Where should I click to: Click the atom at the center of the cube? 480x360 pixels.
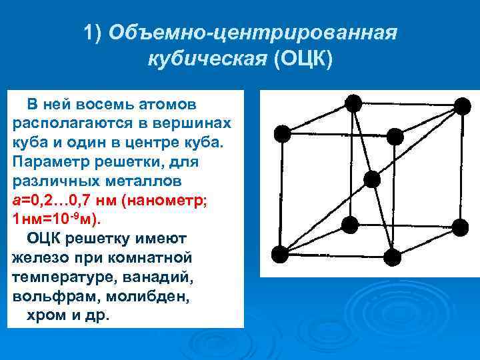click(x=372, y=179)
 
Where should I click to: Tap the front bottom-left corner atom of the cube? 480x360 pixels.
click(x=281, y=254)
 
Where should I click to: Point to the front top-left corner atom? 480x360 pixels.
click(x=283, y=133)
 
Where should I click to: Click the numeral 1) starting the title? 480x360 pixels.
click(x=93, y=33)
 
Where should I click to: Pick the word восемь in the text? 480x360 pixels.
click(x=105, y=105)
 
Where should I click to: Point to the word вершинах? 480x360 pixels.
click(x=199, y=124)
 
